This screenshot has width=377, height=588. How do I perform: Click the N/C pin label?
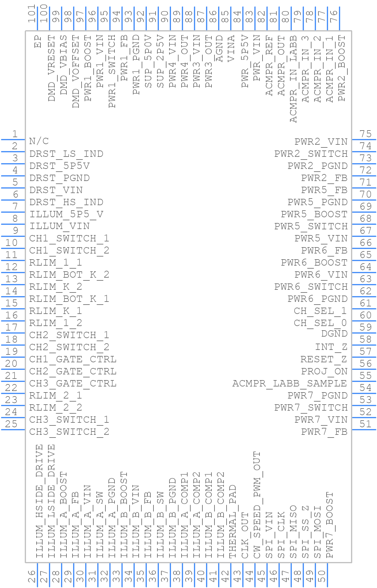click(x=39, y=141)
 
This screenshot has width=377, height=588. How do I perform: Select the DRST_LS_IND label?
click(x=66, y=154)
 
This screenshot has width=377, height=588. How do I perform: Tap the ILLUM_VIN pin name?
click(x=60, y=226)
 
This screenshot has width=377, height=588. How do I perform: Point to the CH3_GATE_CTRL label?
click(x=73, y=384)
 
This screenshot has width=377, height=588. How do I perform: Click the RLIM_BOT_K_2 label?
click(x=69, y=275)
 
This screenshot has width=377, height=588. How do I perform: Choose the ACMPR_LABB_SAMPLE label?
click(x=290, y=384)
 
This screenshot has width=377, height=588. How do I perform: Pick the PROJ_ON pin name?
click(x=324, y=371)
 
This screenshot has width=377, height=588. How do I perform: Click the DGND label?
click(x=334, y=334)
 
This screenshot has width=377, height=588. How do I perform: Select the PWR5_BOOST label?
click(x=314, y=214)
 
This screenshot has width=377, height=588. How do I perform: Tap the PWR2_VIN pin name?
click(x=321, y=142)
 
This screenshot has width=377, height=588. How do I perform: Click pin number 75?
click(x=366, y=134)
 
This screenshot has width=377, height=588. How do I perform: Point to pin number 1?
click(x=14, y=134)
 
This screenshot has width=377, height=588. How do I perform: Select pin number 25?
click(x=11, y=424)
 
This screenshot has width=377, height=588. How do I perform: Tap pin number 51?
click(x=366, y=424)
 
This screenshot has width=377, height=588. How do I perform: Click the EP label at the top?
click(x=38, y=41)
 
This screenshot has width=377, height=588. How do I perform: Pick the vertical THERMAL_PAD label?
click(x=233, y=522)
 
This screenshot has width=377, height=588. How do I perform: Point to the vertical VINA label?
click(x=231, y=49)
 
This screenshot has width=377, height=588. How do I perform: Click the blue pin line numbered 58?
click(x=364, y=345)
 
